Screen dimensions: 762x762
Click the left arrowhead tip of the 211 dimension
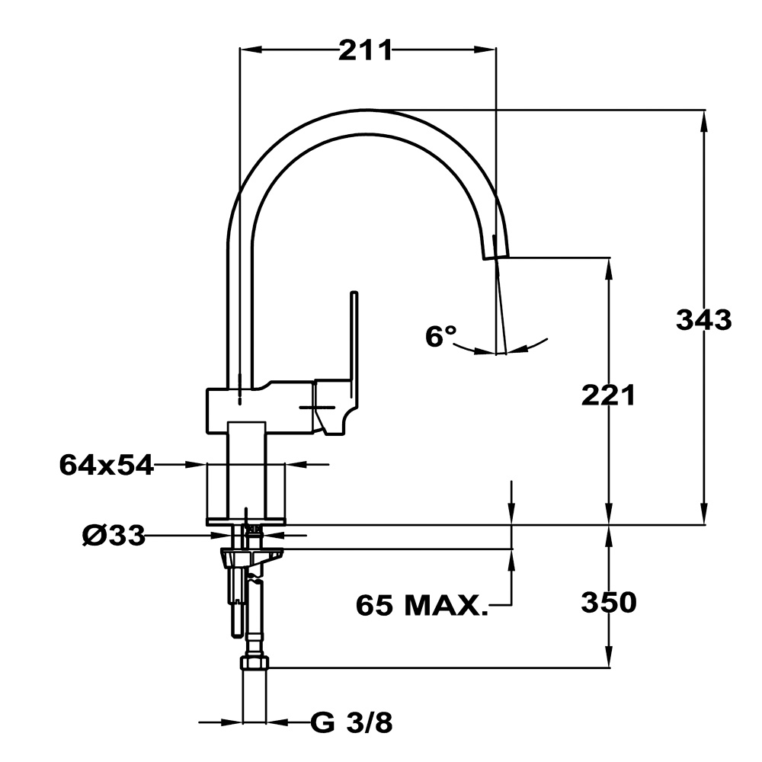pyautogui.click(x=240, y=49)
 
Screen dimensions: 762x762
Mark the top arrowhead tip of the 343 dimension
pyautogui.click(x=703, y=110)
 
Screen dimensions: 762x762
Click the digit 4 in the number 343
pyautogui.click(x=703, y=320)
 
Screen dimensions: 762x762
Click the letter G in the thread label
pyautogui.click(x=322, y=722)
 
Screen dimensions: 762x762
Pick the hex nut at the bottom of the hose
pyautogui.click(x=255, y=663)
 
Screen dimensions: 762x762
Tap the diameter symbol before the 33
pyautogui.click(x=93, y=536)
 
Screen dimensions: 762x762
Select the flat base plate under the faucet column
pyautogui.click(x=246, y=521)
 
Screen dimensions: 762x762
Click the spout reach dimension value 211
pyautogui.click(x=366, y=50)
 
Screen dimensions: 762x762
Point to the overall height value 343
pyautogui.click(x=703, y=320)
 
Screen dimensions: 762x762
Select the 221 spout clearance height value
pyautogui.click(x=608, y=395)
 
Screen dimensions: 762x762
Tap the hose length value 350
pyautogui.click(x=608, y=603)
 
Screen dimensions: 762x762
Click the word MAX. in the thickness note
pyautogui.click(x=446, y=606)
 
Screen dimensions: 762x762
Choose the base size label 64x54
pyautogui.click(x=106, y=465)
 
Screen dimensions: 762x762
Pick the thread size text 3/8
pyautogui.click(x=370, y=722)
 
